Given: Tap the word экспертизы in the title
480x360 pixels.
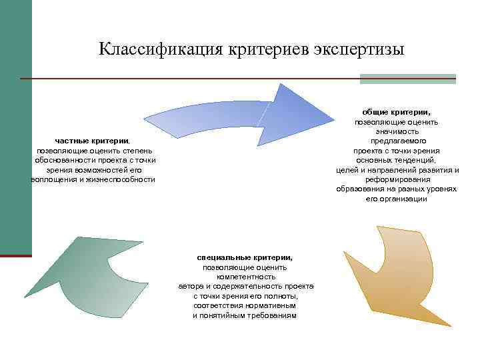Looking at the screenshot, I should (x=361, y=49).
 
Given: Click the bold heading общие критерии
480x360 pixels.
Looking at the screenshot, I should (x=396, y=112).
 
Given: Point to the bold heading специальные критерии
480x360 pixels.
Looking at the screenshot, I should (x=245, y=257).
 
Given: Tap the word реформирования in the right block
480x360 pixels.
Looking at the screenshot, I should (x=396, y=179).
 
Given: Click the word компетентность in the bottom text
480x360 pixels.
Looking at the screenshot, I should (x=245, y=277).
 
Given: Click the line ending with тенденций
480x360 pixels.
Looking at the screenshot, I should (x=396, y=160).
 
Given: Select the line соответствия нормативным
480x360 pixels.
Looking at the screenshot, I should (x=245, y=305).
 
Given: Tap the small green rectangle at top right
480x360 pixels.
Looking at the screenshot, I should (x=407, y=79).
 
